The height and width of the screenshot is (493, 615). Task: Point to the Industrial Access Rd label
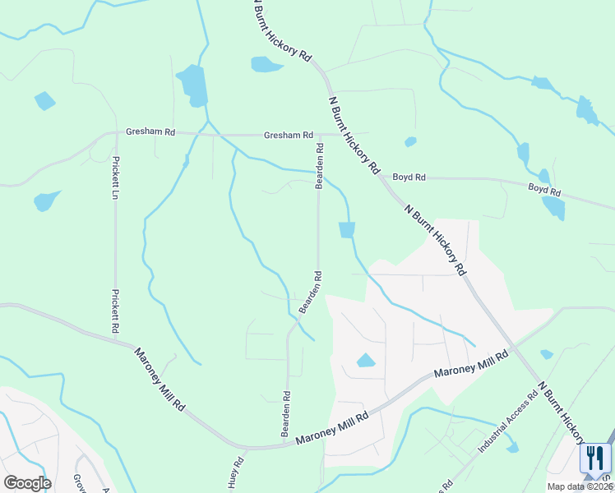(x=508, y=422)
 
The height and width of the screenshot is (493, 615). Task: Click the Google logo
(x=27, y=483)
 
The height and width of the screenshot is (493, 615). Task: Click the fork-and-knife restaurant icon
(x=594, y=458)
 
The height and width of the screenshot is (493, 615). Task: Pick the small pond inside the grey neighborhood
(x=365, y=360)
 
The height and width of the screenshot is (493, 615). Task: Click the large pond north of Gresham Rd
(x=192, y=85)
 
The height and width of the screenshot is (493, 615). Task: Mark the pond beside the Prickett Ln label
(x=46, y=200)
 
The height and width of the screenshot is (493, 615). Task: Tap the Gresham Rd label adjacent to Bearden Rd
(x=288, y=135)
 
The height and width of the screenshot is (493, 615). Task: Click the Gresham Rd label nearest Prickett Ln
(x=150, y=131)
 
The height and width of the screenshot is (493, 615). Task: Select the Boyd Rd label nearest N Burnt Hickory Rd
(x=409, y=177)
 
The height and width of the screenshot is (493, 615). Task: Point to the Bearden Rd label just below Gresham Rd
(x=319, y=166)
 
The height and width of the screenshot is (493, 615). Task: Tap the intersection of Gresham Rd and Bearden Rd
(x=319, y=136)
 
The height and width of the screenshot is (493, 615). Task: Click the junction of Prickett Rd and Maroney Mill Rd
(x=116, y=337)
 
